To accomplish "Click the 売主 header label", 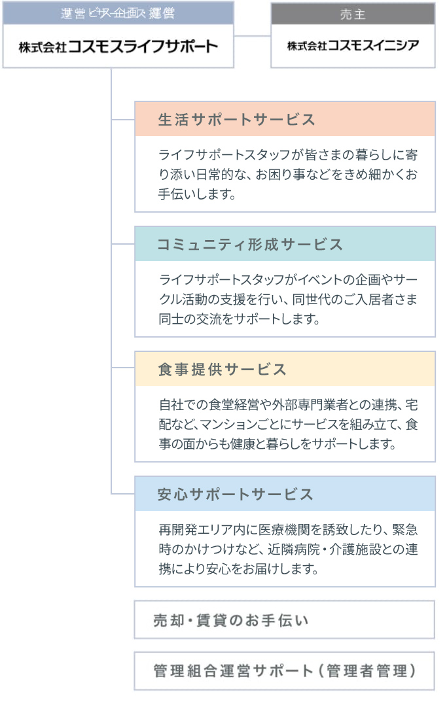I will tap(353, 14).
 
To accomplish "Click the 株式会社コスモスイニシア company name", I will tap(353, 46).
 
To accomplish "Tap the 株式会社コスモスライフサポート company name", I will tap(118, 46).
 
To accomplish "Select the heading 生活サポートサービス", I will tap(237, 120).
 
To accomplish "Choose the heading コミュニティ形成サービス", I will tap(250, 245).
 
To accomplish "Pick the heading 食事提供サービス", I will tap(223, 370).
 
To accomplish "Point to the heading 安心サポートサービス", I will tap(236, 495).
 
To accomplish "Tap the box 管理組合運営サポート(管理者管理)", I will tap(284, 671).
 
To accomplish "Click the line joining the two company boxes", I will tap(252, 35).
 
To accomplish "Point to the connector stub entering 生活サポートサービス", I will tap(123, 120).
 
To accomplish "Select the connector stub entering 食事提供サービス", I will tap(123, 368).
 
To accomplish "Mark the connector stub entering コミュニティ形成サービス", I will tap(123, 244).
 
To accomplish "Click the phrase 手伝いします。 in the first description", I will tap(196, 195).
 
